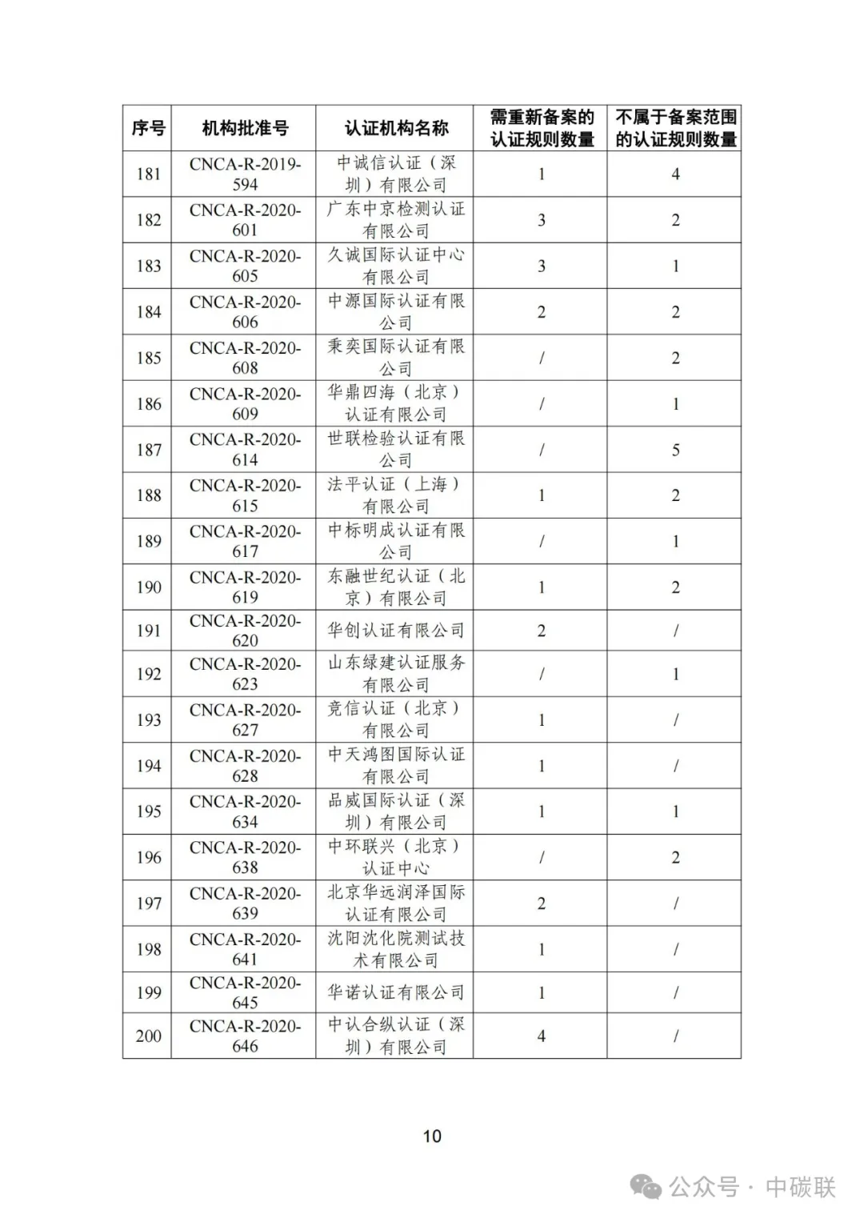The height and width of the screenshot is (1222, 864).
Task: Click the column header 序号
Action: click(148, 128)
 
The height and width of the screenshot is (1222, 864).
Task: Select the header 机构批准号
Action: click(244, 128)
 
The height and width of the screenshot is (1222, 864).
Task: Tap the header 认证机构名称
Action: click(396, 128)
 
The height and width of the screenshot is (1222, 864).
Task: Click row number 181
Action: click(148, 174)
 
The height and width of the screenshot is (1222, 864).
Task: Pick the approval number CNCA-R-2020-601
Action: click(245, 220)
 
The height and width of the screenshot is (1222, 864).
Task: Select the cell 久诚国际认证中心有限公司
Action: click(396, 266)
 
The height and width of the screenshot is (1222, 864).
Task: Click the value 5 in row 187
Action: click(675, 450)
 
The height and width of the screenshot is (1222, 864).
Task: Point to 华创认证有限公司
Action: click(396, 631)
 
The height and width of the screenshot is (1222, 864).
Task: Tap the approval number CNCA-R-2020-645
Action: click(245, 992)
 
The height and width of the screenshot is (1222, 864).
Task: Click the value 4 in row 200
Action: click(542, 1036)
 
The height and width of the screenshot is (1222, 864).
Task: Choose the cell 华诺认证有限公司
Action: click(396, 992)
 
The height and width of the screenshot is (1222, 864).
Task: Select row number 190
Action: click(148, 587)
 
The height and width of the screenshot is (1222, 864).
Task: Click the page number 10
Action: click(432, 1136)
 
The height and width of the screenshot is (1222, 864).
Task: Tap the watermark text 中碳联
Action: click(800, 1187)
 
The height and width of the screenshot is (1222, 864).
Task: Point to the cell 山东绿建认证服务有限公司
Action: click(396, 674)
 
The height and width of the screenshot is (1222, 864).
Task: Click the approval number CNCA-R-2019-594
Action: click(245, 174)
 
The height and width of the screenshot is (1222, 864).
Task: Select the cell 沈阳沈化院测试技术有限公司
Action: click(396, 949)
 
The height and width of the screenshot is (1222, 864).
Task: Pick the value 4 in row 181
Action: click(675, 174)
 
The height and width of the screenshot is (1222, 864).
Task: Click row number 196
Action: click(148, 858)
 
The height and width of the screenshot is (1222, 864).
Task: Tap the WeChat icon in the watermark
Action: click(646, 1187)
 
